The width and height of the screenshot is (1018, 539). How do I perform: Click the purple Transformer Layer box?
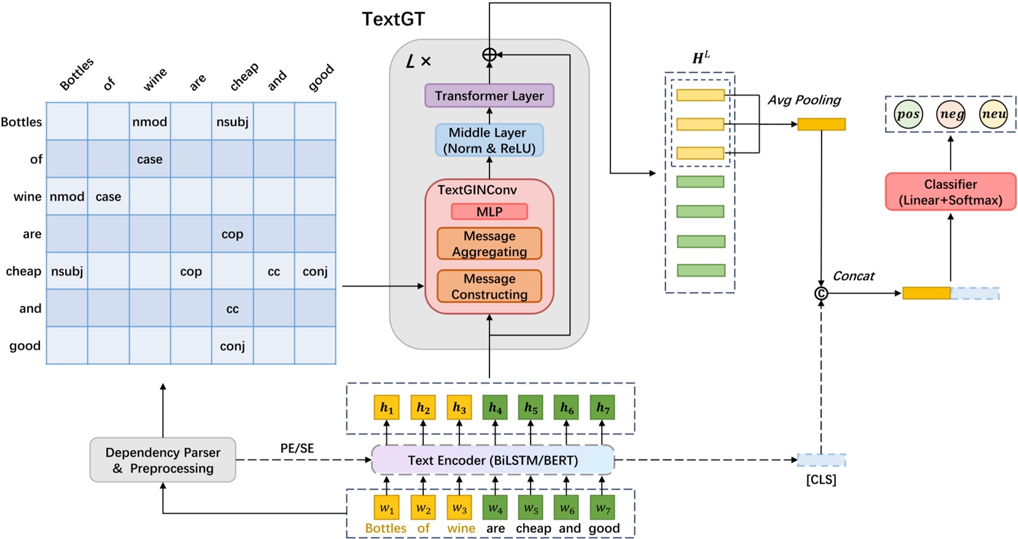[x=489, y=96]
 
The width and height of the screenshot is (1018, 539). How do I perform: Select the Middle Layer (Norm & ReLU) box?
[x=489, y=141]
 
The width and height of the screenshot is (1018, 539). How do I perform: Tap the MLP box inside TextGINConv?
[x=489, y=212]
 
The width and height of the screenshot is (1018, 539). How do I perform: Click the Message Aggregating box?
[x=489, y=244]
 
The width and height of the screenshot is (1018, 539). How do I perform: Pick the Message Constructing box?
[x=489, y=286]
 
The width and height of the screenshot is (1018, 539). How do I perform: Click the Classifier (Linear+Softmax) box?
[x=950, y=192]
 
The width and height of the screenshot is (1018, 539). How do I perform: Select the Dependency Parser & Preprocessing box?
[x=163, y=460]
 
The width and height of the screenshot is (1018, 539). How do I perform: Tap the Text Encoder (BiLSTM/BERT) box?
[x=492, y=460]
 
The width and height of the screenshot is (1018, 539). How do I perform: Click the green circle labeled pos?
[x=907, y=114]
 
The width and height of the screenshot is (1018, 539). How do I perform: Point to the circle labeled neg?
[x=950, y=114]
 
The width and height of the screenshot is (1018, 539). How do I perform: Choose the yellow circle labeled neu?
[x=993, y=114]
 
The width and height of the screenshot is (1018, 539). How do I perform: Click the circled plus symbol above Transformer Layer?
[x=489, y=55]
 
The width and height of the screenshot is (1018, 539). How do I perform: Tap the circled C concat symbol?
[x=821, y=293]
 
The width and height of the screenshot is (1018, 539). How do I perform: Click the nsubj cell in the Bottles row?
[x=232, y=122]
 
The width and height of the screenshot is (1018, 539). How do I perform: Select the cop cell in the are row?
[x=232, y=234]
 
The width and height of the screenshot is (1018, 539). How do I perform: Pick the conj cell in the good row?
[x=232, y=346]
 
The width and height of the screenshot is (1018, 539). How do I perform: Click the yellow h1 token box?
[x=386, y=408]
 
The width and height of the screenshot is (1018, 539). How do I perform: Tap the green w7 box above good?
[x=602, y=508]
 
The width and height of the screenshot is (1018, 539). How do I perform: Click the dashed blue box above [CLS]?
[x=821, y=460]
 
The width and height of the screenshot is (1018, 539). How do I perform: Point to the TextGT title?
[x=393, y=19]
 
